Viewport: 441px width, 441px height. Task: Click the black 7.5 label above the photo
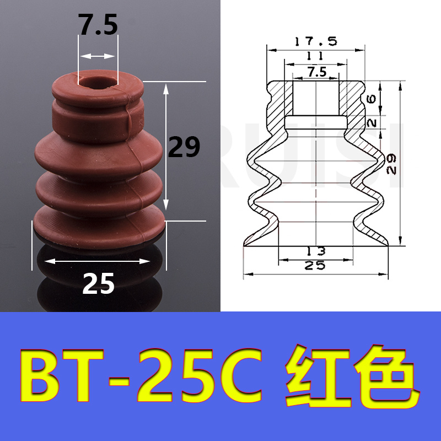tap(98, 25)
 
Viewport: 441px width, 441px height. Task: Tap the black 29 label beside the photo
tap(184, 147)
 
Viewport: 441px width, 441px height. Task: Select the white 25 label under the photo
tap(99, 283)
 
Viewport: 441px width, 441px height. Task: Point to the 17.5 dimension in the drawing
tap(315, 42)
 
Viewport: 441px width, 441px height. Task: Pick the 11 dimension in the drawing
tap(315, 56)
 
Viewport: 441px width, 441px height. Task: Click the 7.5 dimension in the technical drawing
tap(317, 72)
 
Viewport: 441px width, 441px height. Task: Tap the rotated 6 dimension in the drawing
tap(372, 99)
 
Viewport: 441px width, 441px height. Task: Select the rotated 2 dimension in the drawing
tap(372, 122)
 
